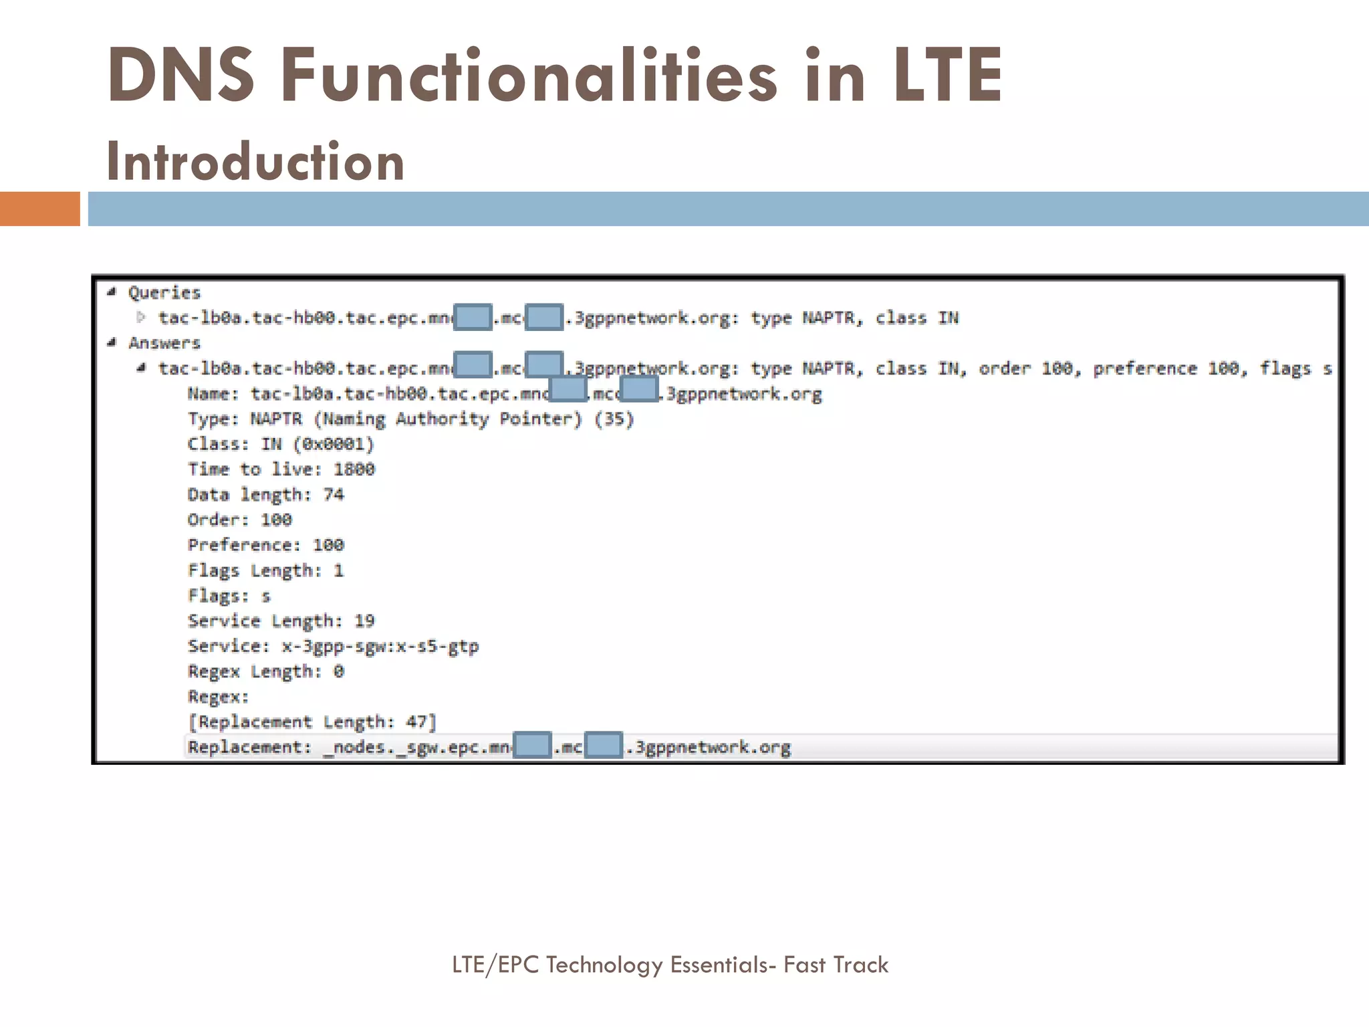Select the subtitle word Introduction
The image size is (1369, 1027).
pyautogui.click(x=255, y=162)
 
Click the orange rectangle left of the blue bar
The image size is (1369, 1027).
pyautogui.click(x=39, y=209)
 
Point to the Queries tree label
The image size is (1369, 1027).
pyautogui.click(x=164, y=293)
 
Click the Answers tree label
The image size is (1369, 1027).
pyautogui.click(x=164, y=343)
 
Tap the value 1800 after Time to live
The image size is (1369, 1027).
pyautogui.click(x=354, y=469)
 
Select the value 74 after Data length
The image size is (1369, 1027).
pyautogui.click(x=334, y=495)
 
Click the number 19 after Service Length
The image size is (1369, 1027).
pyautogui.click(x=364, y=621)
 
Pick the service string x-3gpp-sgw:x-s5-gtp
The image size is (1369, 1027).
pyautogui.click(x=380, y=647)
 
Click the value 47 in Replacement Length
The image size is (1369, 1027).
pyautogui.click(x=417, y=722)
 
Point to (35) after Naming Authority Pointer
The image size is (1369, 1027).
pyautogui.click(x=614, y=419)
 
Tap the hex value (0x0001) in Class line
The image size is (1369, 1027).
pyautogui.click(x=334, y=445)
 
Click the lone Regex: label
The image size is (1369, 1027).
pyautogui.click(x=219, y=697)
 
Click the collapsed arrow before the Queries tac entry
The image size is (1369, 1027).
pyautogui.click(x=141, y=317)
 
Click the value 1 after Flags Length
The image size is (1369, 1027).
pyautogui.click(x=339, y=570)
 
